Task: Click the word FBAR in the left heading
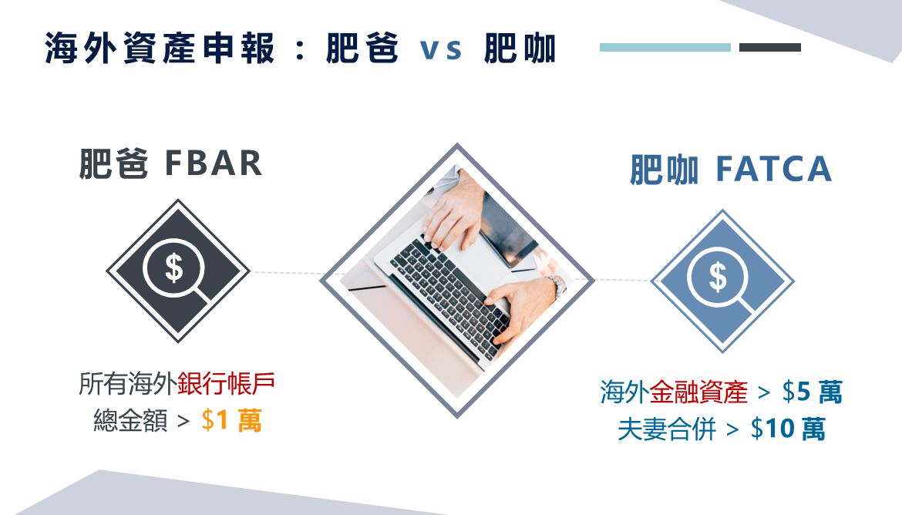click(214, 163)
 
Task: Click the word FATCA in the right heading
click(774, 169)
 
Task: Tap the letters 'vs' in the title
click(441, 49)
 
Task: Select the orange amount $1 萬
click(232, 420)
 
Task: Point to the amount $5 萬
click(813, 392)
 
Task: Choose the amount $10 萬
click(788, 429)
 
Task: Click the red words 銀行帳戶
click(226, 384)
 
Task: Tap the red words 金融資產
click(699, 392)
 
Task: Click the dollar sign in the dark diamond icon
click(173, 268)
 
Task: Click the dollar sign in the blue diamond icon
click(718, 277)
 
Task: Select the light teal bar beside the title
click(665, 48)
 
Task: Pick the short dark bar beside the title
click(770, 48)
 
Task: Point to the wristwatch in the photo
click(557, 285)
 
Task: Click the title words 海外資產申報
click(160, 49)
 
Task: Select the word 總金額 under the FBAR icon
click(130, 420)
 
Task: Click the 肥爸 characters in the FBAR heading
click(113, 164)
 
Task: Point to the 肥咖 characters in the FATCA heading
click(665, 170)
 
